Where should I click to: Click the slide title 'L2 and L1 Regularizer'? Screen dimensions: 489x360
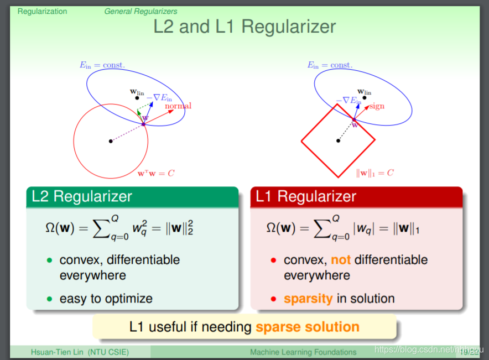pos(245,27)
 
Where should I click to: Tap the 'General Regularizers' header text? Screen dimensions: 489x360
pos(141,11)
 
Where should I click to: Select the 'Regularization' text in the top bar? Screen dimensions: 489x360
pos(42,11)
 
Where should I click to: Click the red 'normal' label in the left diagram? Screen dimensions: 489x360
pos(178,106)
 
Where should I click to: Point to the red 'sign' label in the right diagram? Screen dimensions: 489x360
pos(377,106)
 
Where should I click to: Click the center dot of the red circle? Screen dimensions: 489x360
pos(111,141)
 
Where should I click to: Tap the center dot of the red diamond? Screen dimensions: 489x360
pos(338,140)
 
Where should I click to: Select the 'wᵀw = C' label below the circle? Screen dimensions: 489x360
pos(156,173)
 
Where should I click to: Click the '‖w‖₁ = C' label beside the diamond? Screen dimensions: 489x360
pos(375,173)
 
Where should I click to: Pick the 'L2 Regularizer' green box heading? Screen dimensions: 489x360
pos(82,196)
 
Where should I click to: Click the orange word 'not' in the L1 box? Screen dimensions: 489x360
pos(341,260)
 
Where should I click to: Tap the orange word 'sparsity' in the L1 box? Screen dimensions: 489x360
pos(308,299)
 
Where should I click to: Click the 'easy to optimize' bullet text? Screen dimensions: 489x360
pos(106,299)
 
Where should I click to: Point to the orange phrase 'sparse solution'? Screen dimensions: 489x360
pos(307,327)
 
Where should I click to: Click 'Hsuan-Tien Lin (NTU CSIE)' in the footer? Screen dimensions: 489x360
pos(80,352)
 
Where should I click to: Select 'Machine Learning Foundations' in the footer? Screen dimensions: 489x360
pos(303,352)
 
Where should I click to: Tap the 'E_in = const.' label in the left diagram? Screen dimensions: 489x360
pos(102,65)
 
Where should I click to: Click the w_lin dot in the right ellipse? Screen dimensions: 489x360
pos(364,98)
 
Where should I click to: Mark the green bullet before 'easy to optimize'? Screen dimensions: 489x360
pos(49,299)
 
